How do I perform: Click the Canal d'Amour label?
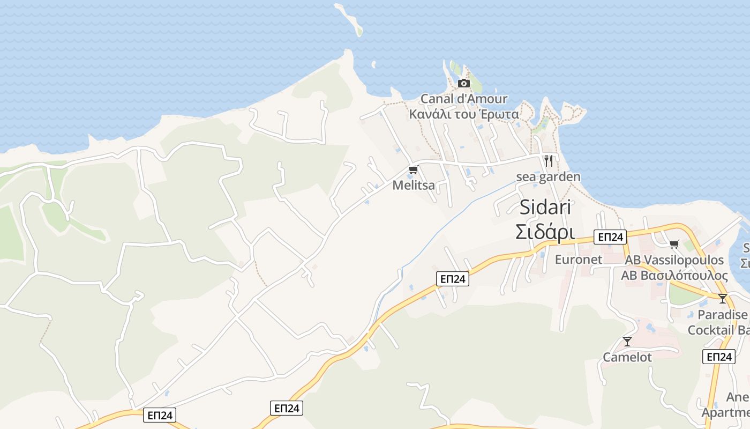464,99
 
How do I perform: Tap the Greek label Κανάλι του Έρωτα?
464,114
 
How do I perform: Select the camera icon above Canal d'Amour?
464,84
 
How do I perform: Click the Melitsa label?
414,186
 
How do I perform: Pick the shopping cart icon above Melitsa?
413,170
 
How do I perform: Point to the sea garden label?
548,176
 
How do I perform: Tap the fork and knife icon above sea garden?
548,160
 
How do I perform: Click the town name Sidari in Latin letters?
545,208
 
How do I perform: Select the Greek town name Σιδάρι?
545,232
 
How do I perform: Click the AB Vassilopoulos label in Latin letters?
674,261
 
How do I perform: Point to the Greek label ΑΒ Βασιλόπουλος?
674,276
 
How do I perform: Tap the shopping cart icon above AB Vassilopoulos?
674,245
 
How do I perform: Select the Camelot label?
627,357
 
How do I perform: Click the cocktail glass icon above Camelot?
627,341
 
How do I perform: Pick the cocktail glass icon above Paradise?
723,299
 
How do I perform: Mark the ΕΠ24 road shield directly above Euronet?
610,237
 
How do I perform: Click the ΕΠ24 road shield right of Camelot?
718,357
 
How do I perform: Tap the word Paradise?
722,315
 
